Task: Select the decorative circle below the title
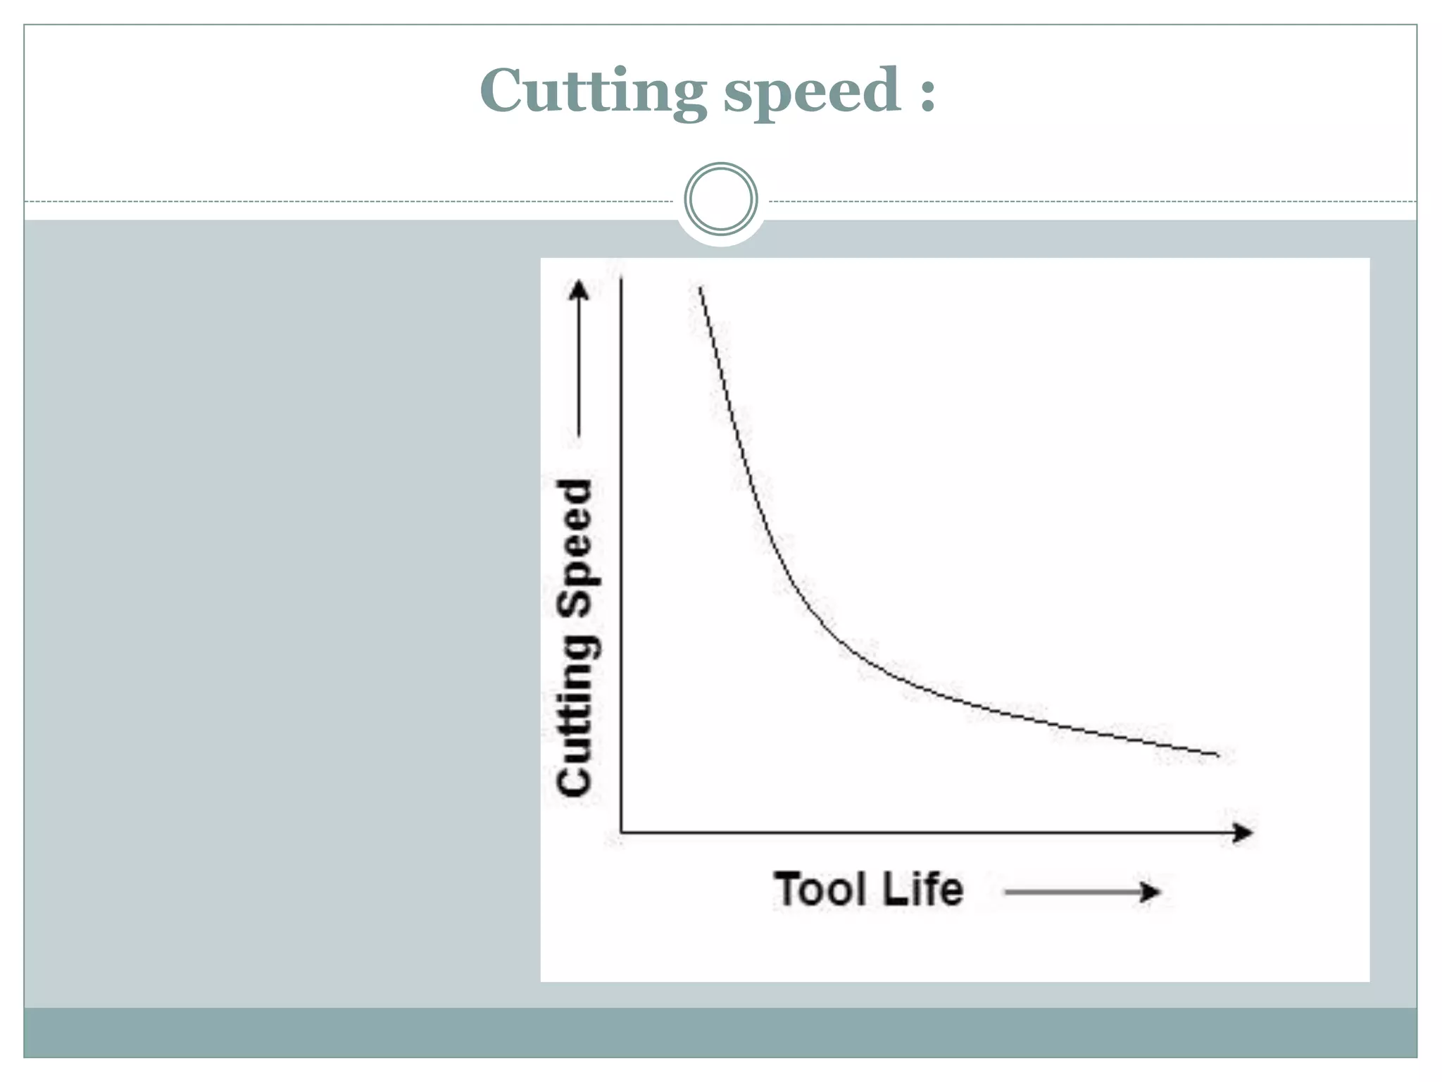(x=720, y=199)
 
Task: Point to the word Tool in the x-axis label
(x=820, y=889)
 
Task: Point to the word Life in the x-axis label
(x=922, y=889)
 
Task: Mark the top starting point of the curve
(x=700, y=287)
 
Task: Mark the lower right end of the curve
(x=1218, y=755)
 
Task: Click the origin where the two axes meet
(x=621, y=833)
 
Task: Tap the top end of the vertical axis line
(x=621, y=280)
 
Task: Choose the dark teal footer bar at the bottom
(x=720, y=1032)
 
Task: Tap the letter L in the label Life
(x=893, y=889)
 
